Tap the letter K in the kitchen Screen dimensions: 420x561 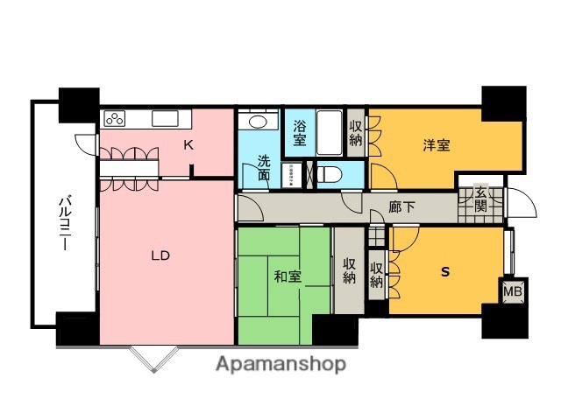(188, 146)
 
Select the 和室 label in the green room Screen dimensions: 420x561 (288, 277)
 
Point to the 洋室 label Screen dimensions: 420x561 (436, 146)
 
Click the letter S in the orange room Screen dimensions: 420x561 (444, 272)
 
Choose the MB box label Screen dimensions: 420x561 (511, 290)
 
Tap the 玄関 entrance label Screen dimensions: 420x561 (480, 199)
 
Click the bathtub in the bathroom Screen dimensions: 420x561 (330, 133)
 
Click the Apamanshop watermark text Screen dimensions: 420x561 (280, 362)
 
